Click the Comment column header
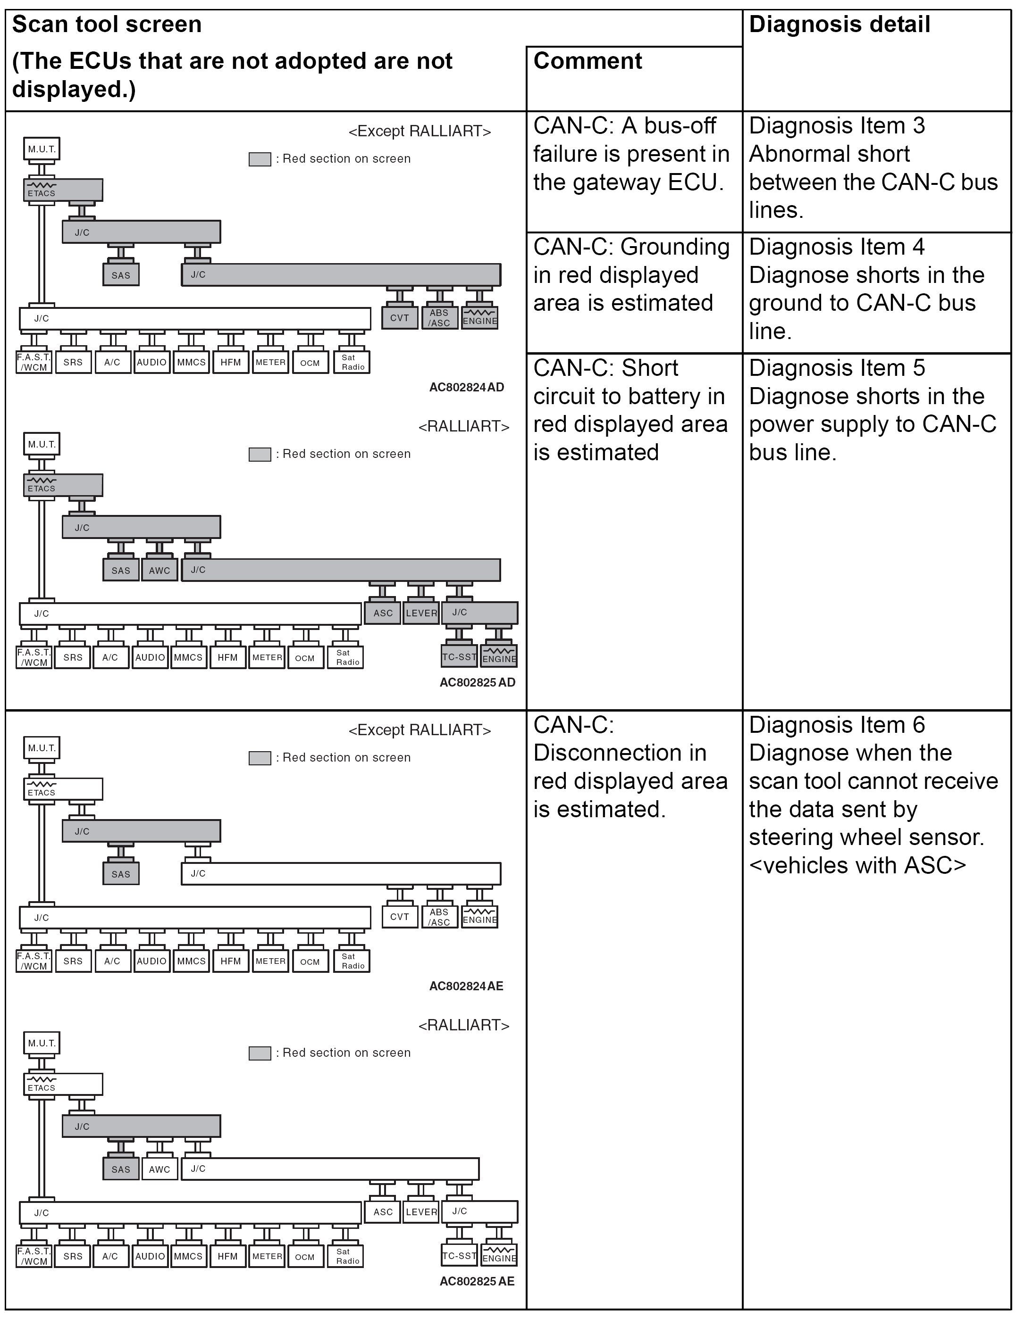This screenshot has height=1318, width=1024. [x=588, y=61]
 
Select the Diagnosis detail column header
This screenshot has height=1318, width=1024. [x=839, y=25]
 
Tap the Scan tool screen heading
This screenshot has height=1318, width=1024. [x=107, y=25]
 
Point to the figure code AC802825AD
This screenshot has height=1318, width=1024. [x=477, y=682]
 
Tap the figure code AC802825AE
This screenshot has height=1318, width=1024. [x=477, y=1281]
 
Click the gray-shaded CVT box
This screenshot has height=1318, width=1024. [x=399, y=318]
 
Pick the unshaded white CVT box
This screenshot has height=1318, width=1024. [x=399, y=917]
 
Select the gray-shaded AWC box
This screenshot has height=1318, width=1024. [x=159, y=570]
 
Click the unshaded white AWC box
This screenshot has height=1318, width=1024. [x=159, y=1169]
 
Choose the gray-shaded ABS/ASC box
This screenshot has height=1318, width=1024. [x=439, y=318]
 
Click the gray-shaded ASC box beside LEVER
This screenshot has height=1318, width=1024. [x=383, y=613]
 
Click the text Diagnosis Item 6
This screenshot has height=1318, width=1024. [x=836, y=725]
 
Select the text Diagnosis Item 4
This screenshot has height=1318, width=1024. [x=836, y=247]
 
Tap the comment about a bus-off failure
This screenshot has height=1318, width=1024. [x=631, y=154]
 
